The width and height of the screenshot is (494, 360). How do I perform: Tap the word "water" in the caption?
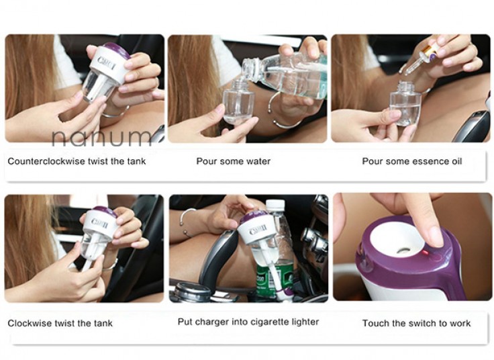pos(258,161)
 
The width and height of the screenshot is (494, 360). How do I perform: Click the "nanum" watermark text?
pos(101,138)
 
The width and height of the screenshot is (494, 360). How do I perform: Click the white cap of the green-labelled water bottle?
pos(275,205)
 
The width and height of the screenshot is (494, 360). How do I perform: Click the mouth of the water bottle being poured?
pos(248,69)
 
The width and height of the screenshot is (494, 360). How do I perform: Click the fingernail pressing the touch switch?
pos(435,236)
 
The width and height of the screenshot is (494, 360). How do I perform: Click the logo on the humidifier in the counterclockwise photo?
pos(107,63)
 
